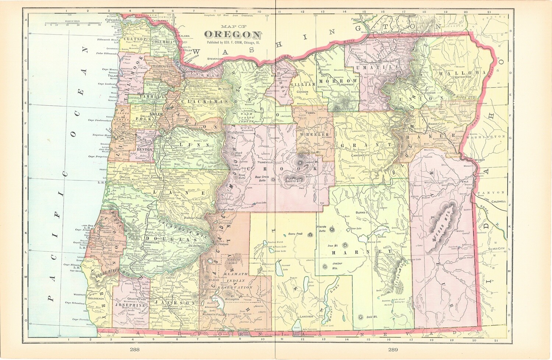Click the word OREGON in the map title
click(233, 35)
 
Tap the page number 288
click(134, 349)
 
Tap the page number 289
click(393, 349)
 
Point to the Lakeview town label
click(306, 316)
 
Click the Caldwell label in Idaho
click(499, 202)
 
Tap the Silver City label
click(496, 248)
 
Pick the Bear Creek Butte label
click(262, 179)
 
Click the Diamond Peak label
click(193, 218)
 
